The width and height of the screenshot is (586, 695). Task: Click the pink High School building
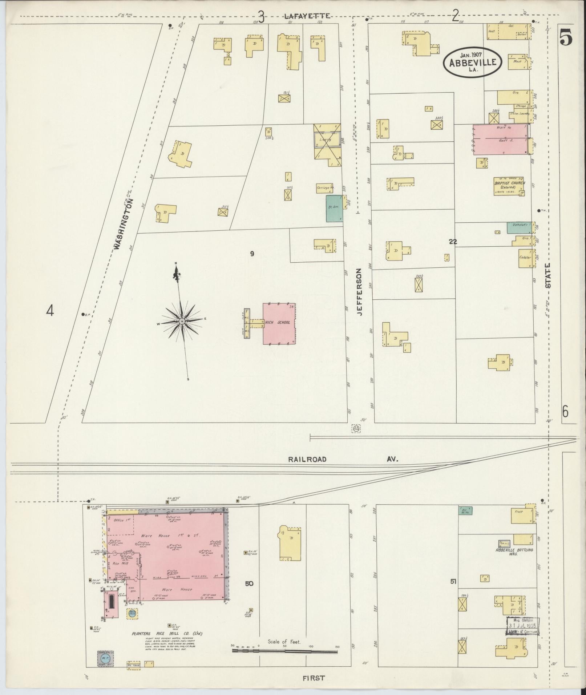(x=279, y=323)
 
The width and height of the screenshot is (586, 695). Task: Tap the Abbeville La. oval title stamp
(x=472, y=62)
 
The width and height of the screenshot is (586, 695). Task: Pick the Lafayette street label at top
(x=307, y=16)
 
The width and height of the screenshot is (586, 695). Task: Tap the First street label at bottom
(x=313, y=678)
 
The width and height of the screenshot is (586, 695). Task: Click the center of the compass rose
(x=181, y=322)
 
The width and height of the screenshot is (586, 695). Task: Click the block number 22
(x=452, y=242)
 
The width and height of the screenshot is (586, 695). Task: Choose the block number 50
(x=249, y=584)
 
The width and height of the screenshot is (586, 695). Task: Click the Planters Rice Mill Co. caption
(x=167, y=633)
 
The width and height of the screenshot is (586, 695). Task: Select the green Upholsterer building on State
(x=520, y=227)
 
